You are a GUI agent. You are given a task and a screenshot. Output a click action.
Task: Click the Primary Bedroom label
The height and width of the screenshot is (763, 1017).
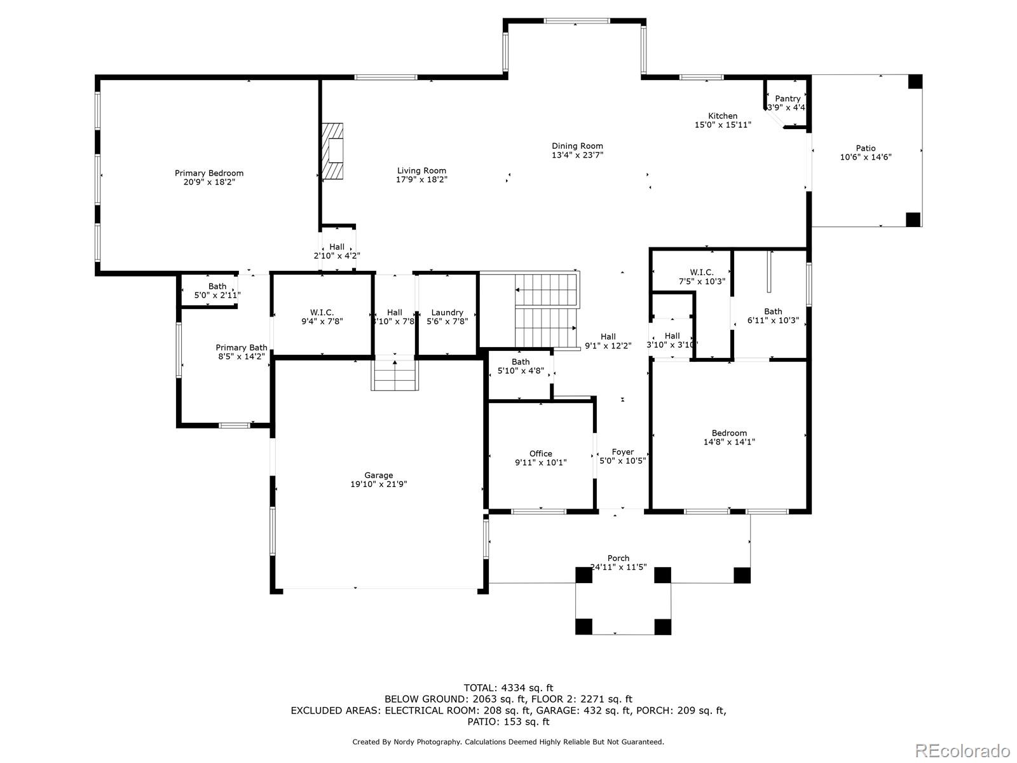tap(209, 173)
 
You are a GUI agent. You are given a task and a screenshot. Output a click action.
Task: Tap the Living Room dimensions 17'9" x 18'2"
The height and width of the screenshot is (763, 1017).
tap(421, 179)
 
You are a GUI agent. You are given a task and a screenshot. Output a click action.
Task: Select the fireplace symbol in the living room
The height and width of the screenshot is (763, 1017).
tap(332, 151)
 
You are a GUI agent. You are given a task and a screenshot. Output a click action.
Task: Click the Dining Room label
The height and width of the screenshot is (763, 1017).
tap(577, 146)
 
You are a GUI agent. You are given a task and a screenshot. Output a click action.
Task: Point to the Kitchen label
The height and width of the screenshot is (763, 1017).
tap(722, 116)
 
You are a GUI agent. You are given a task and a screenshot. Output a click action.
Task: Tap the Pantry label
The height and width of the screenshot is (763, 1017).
tap(788, 99)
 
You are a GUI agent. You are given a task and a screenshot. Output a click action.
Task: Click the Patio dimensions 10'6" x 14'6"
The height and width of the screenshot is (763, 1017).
tap(866, 157)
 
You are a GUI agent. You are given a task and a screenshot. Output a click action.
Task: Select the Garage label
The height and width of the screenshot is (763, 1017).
tap(379, 476)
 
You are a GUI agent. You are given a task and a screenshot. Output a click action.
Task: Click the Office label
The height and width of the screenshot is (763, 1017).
tap(541, 453)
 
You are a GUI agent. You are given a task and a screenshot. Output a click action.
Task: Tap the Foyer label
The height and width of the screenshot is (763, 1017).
tap(623, 451)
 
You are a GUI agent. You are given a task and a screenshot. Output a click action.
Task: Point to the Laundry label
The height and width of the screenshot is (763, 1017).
tap(447, 313)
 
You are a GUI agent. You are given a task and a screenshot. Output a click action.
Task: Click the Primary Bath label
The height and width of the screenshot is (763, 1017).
tap(242, 347)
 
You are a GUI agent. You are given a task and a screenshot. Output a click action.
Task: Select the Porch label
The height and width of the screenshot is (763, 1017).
tap(618, 558)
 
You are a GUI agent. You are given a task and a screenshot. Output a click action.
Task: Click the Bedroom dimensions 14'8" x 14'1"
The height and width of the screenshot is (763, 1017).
tap(729, 442)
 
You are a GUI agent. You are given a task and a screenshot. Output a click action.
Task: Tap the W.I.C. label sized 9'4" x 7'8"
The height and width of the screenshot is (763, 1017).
tap(322, 313)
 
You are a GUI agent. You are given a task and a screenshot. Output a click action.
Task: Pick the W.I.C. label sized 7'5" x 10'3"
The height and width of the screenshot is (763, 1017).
tap(702, 272)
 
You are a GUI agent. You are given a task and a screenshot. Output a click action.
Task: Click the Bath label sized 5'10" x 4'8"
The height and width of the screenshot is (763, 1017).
tap(521, 362)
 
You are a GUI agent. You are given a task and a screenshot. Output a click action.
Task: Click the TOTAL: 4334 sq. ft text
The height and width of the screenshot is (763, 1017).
tap(508, 688)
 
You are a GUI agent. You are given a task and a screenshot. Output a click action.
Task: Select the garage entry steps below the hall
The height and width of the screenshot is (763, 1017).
tap(395, 375)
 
